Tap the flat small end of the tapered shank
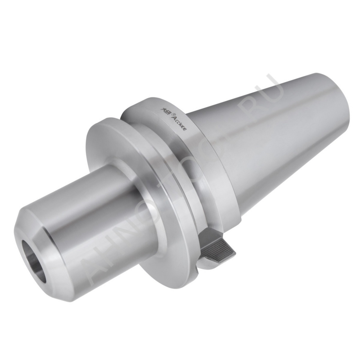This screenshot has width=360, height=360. coord(337,104)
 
